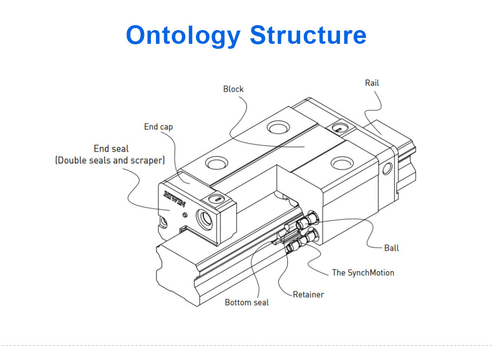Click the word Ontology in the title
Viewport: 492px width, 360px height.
pos(184,35)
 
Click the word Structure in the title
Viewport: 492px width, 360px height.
pos(308,35)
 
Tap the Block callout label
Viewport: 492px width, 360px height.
pos(233,89)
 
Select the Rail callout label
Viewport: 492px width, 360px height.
pos(372,83)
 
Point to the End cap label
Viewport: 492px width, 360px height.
pos(158,127)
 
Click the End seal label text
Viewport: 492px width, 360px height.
pos(111,148)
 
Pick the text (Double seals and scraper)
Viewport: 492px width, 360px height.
pos(110,160)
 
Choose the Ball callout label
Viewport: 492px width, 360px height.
pos(391,248)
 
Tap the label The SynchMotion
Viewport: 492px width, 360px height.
pos(363,272)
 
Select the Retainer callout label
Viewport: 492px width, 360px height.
pos(308,295)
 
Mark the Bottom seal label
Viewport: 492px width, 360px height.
pos(247,302)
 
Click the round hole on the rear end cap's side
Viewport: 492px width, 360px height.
pos(387,169)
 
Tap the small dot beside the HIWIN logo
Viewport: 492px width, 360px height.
pos(184,215)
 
